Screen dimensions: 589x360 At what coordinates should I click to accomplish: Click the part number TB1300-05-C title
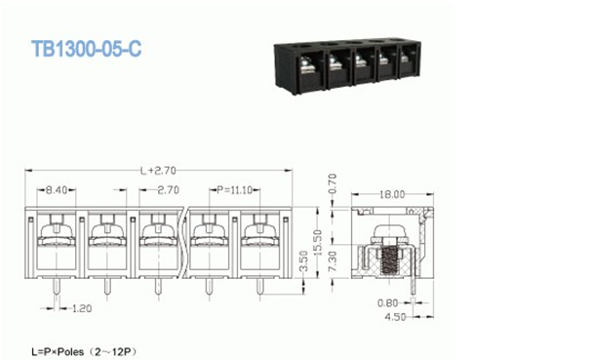click(87, 49)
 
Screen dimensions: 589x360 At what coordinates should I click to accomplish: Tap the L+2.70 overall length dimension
click(158, 171)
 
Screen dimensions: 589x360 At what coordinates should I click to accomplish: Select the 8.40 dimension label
click(57, 190)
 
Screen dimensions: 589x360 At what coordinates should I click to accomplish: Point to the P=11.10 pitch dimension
click(234, 190)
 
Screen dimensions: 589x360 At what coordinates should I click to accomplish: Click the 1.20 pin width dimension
click(82, 308)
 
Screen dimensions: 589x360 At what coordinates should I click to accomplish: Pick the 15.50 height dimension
click(317, 242)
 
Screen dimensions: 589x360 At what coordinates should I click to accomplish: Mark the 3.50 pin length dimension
click(303, 260)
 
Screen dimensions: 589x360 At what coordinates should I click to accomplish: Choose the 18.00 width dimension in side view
click(392, 194)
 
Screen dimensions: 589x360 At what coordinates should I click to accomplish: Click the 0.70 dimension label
click(333, 183)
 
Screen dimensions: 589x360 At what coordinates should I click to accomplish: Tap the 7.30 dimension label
click(333, 261)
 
